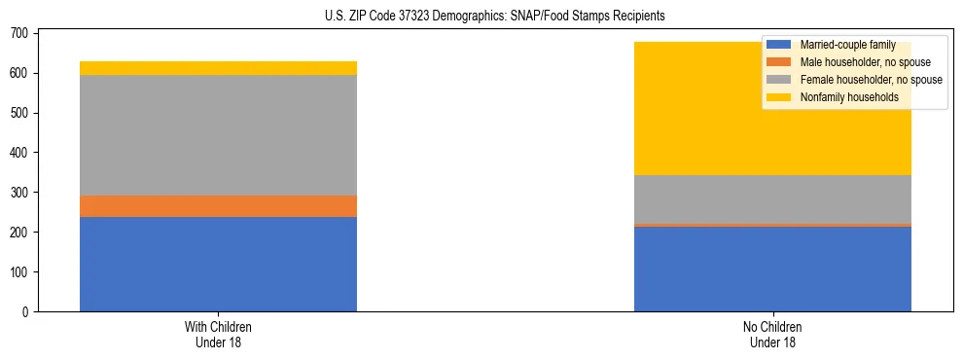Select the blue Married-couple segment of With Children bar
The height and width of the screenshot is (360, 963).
coord(218,264)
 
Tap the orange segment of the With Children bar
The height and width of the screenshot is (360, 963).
coord(218,206)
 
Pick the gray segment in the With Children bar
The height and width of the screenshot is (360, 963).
coord(218,135)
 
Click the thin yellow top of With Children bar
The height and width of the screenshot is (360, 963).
coord(218,68)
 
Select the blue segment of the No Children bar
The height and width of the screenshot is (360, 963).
coord(772,269)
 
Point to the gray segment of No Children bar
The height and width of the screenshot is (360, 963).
coord(772,199)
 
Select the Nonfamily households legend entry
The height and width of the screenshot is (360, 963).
coord(842,97)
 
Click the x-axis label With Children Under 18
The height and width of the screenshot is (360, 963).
coord(218,334)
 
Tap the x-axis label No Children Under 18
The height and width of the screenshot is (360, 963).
coord(772,334)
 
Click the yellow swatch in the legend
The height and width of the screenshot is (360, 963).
coord(779,97)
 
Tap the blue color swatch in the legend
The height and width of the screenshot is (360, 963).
coord(779,45)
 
